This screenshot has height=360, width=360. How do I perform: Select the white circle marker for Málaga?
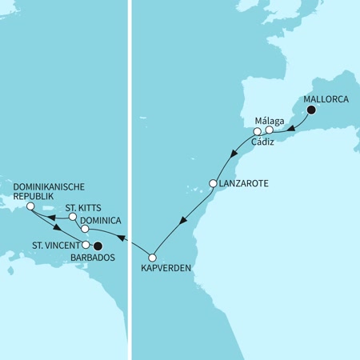(270, 130)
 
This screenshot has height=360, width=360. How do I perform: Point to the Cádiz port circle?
(258, 131)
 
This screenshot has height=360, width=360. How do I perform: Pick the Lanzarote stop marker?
(213, 183)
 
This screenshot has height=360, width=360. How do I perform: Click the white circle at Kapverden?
(153, 257)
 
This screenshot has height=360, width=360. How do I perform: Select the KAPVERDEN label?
(170, 269)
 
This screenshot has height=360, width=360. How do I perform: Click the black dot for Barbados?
(98, 246)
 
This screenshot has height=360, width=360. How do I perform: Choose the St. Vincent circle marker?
(86, 245)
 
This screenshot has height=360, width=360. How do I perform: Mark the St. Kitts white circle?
(72, 217)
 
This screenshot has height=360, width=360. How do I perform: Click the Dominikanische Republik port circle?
(30, 206)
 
